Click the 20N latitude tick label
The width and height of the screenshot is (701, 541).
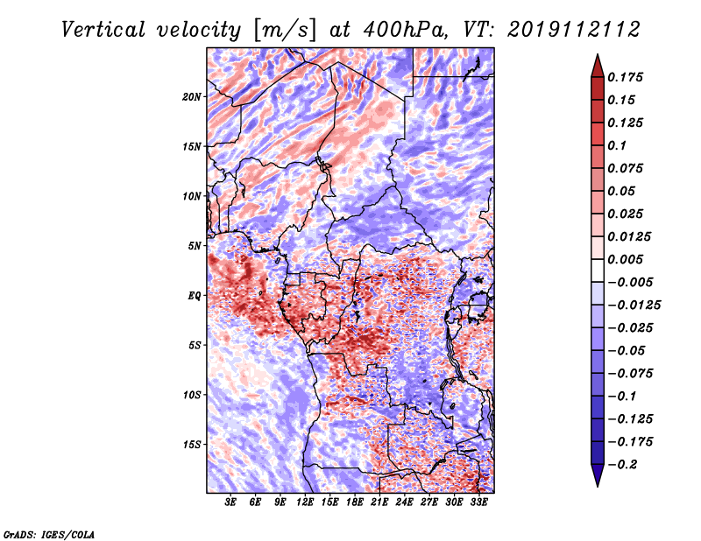(x=192, y=97)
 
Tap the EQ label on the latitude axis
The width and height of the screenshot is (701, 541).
(x=195, y=296)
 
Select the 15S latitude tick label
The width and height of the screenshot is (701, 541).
(x=192, y=445)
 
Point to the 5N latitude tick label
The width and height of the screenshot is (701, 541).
(x=195, y=246)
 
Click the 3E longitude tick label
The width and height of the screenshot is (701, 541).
(x=230, y=502)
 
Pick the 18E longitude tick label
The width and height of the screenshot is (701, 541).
(x=355, y=502)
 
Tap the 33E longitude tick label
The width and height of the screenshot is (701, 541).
(x=478, y=502)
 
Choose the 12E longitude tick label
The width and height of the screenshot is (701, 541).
(x=305, y=502)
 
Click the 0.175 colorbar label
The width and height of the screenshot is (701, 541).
(x=625, y=77)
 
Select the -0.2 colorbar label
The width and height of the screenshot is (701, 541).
(x=622, y=465)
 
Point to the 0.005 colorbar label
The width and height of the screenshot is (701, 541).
(x=625, y=259)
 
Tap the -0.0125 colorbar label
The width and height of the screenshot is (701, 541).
(x=634, y=306)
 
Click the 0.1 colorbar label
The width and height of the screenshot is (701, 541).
(x=617, y=145)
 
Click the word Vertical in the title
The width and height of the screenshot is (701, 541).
(x=103, y=30)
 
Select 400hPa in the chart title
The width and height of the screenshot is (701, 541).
(x=405, y=30)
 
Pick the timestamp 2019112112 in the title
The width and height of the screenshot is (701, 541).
(x=574, y=30)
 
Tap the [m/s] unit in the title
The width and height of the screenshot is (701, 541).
(x=284, y=31)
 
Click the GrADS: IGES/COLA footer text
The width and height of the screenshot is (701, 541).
(x=49, y=535)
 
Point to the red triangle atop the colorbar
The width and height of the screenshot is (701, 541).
(x=598, y=66)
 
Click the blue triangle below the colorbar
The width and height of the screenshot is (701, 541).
(x=598, y=475)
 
